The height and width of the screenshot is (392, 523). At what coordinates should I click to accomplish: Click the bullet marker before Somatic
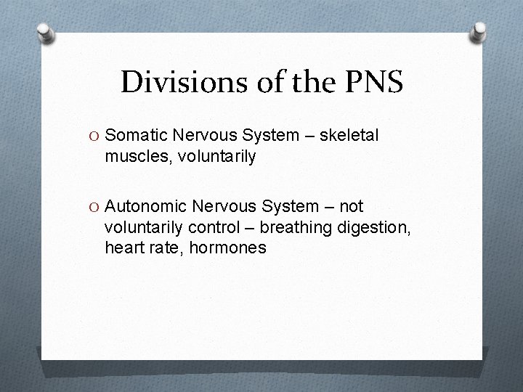click(x=95, y=136)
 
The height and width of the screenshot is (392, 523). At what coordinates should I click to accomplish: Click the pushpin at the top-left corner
click(x=45, y=33)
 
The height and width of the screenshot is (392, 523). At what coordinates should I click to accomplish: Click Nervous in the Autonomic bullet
click(x=228, y=208)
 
